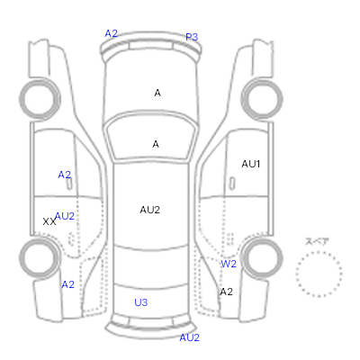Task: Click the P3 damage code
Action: pos(192,37)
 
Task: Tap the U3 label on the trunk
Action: pos(141,302)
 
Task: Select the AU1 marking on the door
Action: pos(251,164)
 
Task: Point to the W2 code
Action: pos(229,264)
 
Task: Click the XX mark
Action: pos(49,221)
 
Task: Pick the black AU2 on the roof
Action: pos(149,210)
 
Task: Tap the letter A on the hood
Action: pos(157,93)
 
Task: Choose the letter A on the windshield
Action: pos(156,144)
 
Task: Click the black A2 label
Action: pos(226,292)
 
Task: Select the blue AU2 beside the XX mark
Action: pos(65,216)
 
